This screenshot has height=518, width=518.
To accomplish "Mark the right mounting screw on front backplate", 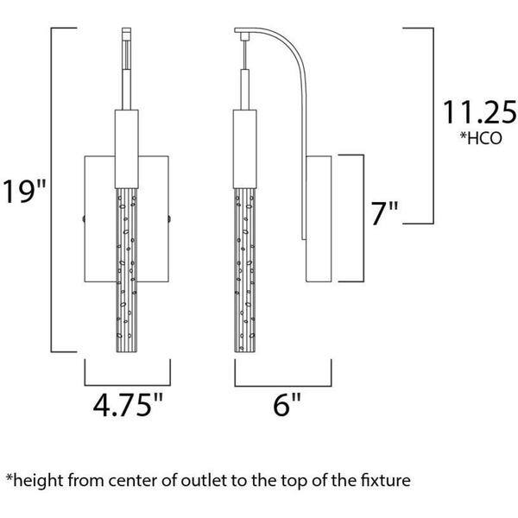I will coord(168,218).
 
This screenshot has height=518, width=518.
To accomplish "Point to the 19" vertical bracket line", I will coord(54,190).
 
